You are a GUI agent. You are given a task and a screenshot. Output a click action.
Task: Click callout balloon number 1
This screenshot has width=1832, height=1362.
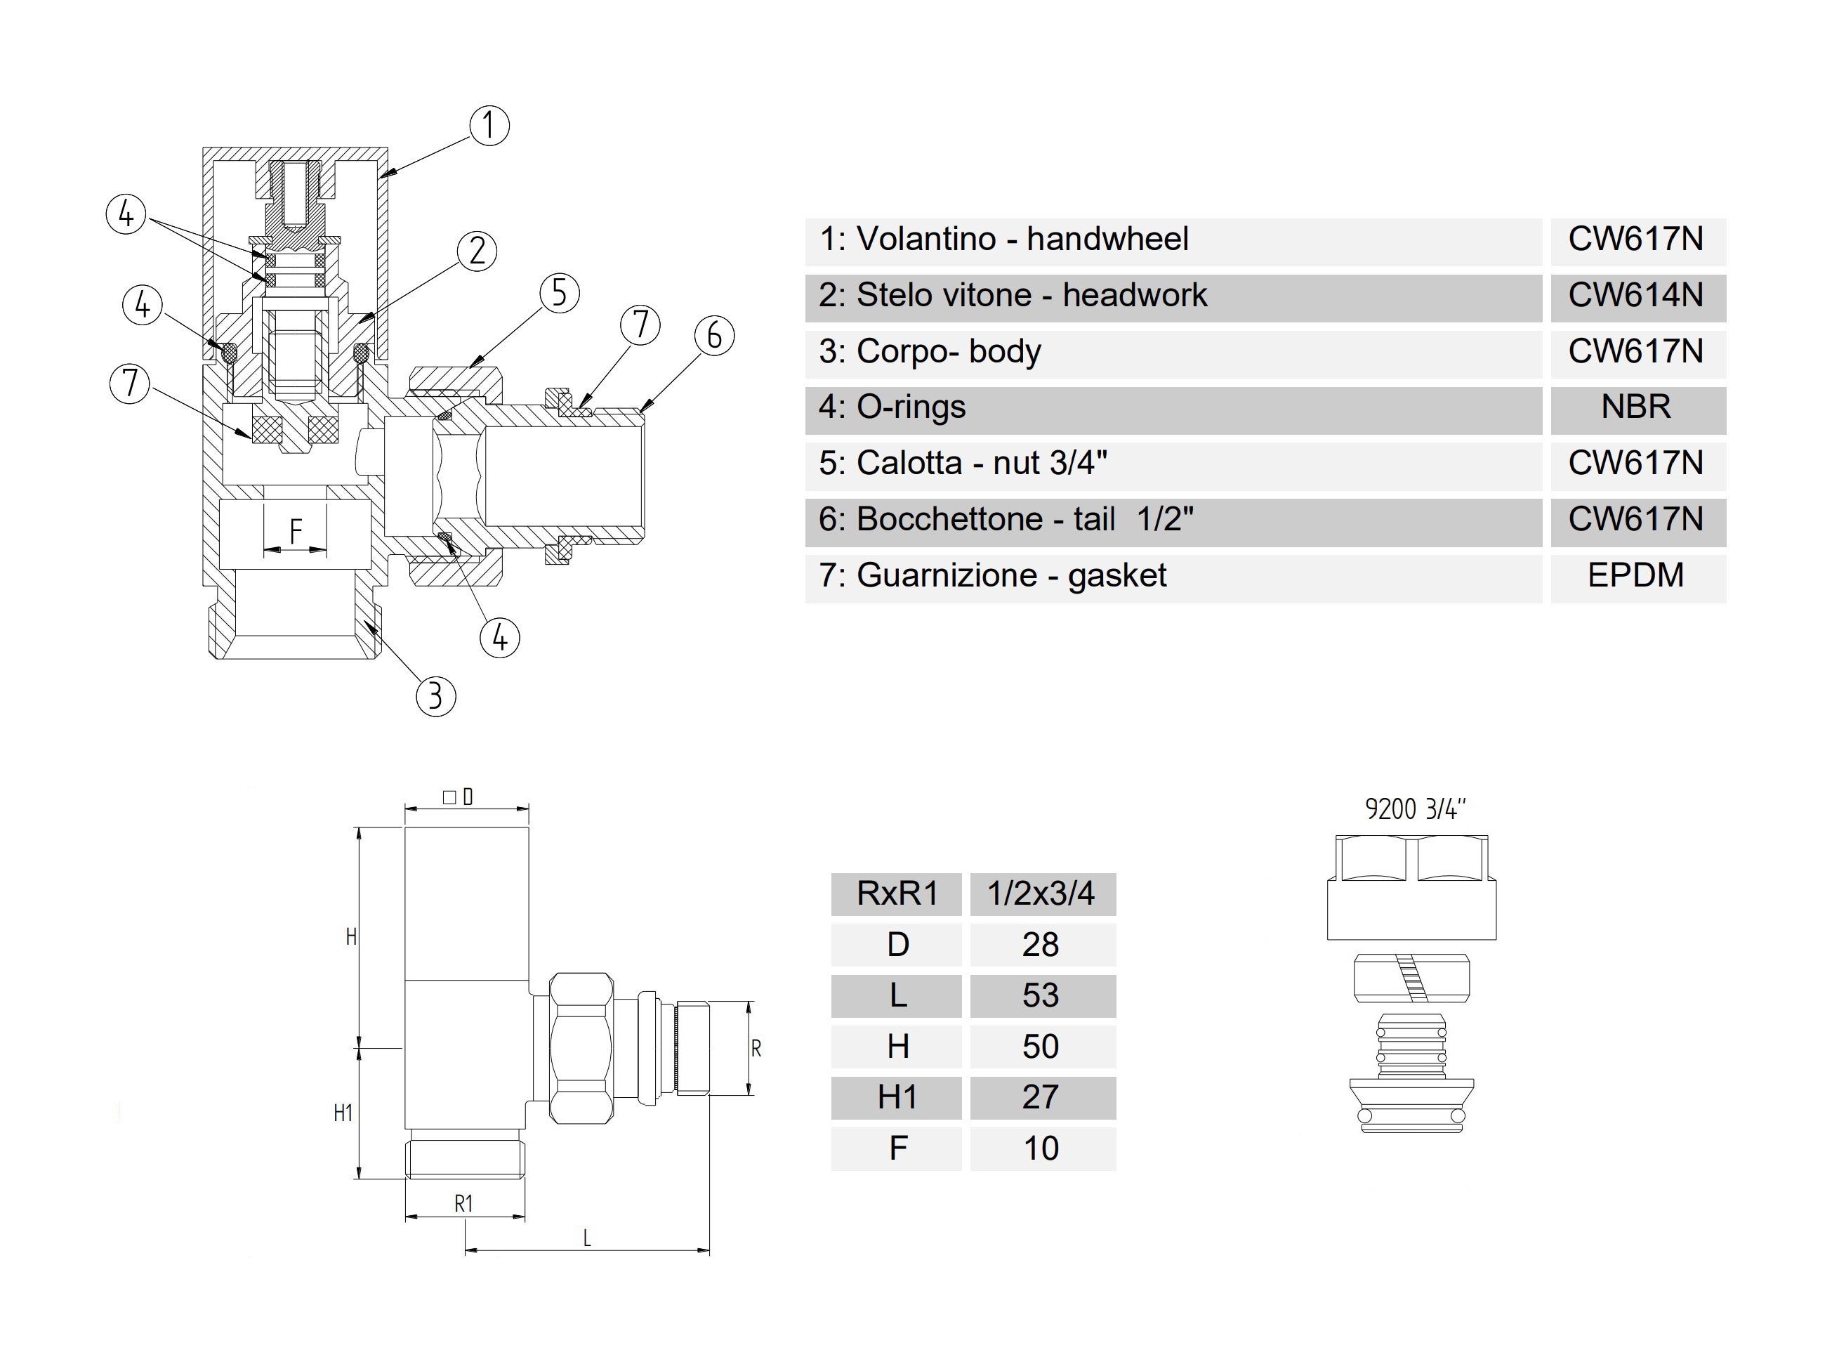point(489,126)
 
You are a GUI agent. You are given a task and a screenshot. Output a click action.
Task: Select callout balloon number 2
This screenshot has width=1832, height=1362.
point(477,251)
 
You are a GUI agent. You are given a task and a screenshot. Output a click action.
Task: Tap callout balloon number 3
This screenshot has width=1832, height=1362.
point(436,697)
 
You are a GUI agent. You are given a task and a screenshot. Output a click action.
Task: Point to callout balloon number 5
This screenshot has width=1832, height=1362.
point(560,294)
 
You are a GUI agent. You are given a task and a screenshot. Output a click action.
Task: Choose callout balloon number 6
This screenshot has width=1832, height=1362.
point(713,336)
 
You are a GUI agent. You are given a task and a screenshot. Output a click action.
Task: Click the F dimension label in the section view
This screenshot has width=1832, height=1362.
point(296,531)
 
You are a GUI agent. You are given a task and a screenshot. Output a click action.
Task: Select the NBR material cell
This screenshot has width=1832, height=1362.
point(1636,407)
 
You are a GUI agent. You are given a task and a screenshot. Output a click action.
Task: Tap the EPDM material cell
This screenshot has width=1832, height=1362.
point(1636,575)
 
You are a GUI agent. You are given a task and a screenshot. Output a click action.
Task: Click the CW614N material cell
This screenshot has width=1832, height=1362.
point(1636,295)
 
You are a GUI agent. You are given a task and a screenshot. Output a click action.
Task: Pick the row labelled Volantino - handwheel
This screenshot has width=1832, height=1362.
point(1003,239)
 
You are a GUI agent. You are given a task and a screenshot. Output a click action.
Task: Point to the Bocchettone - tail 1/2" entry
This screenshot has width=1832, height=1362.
point(1006,519)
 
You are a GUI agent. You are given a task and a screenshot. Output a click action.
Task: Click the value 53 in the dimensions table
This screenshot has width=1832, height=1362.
point(1041,996)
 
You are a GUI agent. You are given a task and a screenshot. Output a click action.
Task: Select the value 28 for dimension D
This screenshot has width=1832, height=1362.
point(1041,945)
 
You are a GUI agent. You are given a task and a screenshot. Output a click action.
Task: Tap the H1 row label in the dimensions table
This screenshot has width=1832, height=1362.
point(897,1097)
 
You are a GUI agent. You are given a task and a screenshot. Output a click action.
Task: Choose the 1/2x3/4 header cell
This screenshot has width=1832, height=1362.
point(1041,893)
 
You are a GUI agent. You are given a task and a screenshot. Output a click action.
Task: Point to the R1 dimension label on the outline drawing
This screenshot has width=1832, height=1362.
point(464,1204)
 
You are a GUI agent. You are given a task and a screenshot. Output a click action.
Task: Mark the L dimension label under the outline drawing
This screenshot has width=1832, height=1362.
point(587,1238)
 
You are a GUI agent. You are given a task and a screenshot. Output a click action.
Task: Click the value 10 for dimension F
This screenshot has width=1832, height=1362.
point(1041,1148)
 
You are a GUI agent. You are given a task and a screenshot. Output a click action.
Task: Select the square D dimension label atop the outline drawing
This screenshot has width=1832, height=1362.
point(459,797)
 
